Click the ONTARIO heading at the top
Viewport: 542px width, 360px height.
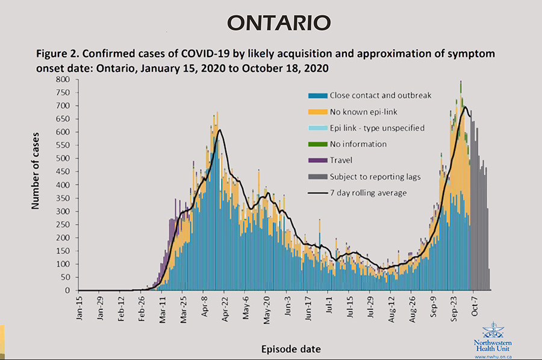click(279, 22)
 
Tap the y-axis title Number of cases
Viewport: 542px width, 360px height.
click(36, 170)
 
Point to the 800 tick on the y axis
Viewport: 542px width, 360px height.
click(63, 79)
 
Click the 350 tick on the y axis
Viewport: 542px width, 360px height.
click(63, 198)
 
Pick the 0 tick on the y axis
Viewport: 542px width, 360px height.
click(67, 291)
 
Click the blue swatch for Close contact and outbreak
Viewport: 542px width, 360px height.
click(319, 96)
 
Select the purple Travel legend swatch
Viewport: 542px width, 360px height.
click(319, 161)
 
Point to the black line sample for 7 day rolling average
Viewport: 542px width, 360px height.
click(319, 193)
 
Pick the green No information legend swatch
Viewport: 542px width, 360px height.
click(319, 144)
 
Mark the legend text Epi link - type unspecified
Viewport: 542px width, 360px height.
click(377, 128)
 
